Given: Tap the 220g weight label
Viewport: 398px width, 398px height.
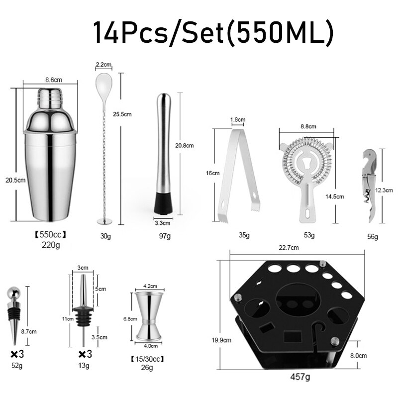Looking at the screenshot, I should coord(50,245).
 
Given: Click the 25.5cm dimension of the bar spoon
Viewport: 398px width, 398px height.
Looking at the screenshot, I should coord(122,114).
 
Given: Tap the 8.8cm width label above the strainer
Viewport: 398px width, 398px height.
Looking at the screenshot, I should coord(306,127).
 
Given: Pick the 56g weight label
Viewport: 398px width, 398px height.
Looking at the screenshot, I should coord(372,237).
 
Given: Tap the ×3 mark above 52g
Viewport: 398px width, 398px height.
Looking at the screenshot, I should coord(17,354).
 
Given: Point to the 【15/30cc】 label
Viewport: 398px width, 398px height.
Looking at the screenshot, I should coord(147,359).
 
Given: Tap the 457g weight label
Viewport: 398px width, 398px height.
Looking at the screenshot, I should coord(300,377).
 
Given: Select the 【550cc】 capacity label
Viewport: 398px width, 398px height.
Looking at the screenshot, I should coord(50,234).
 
